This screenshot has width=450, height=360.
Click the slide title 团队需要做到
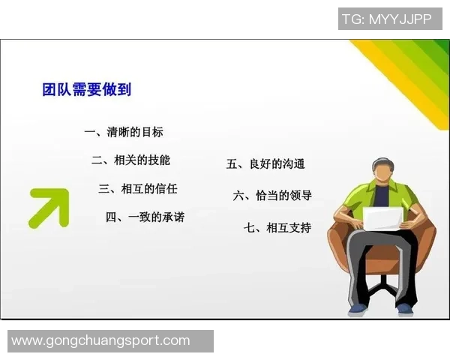tap(87, 89)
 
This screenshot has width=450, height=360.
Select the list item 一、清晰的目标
tap(124, 132)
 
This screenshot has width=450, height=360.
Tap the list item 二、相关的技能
tap(131, 160)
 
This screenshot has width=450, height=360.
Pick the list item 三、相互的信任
tap(138, 188)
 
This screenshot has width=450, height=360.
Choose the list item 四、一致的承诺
tap(145, 217)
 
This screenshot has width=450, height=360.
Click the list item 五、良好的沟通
tap(265, 164)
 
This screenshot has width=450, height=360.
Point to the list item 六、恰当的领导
tap(273, 195)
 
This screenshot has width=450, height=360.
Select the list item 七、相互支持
tap(277, 227)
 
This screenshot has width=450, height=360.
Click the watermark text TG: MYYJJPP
tap(386, 19)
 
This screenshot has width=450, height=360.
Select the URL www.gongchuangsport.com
tap(101, 340)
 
